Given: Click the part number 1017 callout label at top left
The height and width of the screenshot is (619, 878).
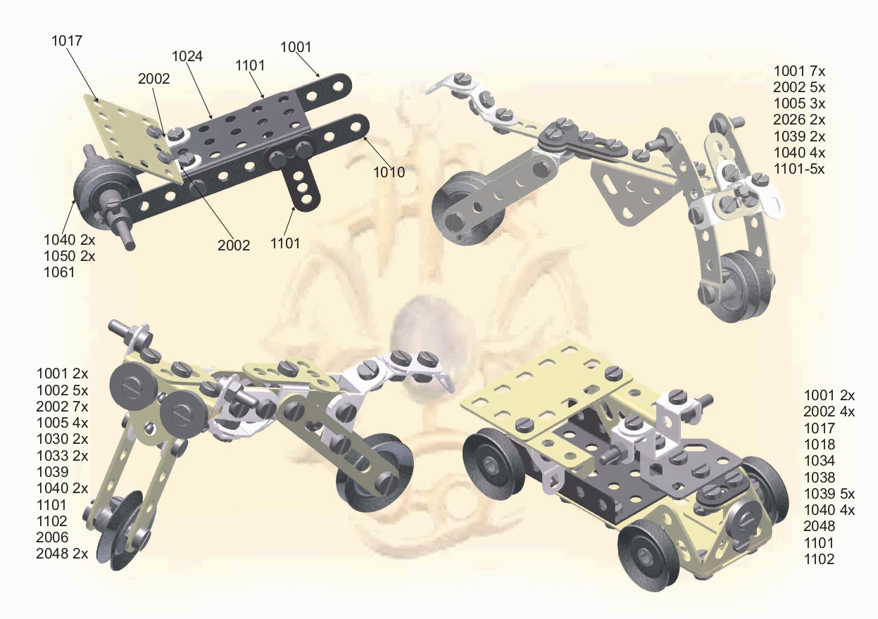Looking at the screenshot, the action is tap(67, 41).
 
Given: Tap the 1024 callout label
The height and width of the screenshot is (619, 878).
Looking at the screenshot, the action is tap(187, 57).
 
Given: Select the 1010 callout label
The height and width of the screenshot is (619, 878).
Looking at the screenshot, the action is tap(389, 172).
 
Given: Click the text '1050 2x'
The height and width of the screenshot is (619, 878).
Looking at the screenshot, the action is tap(70, 256).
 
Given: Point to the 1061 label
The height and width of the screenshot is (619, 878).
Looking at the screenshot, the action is tap(59, 272).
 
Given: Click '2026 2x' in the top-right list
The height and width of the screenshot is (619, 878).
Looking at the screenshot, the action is tap(799, 120).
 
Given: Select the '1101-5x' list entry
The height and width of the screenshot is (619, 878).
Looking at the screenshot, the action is tap(799, 169).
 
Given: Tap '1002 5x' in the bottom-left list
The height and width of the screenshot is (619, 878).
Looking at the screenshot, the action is tap(63, 390).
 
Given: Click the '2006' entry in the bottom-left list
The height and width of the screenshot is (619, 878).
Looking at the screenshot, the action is tap(52, 537).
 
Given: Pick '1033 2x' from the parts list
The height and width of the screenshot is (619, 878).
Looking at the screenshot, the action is tap(63, 456).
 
